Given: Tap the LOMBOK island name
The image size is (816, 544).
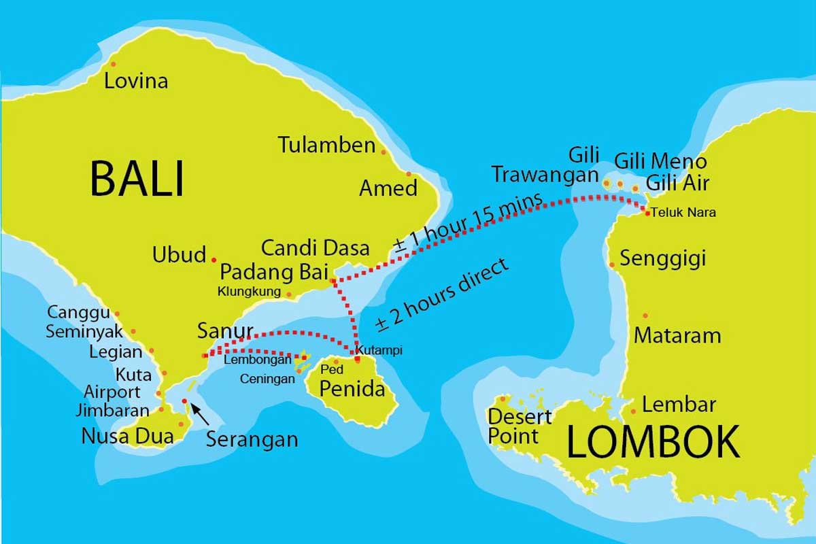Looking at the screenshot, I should click(653, 442).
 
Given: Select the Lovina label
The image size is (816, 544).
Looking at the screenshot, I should click(136, 82).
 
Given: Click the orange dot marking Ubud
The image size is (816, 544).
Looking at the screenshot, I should click(214, 260).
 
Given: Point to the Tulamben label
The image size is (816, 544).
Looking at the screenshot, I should click(327, 145).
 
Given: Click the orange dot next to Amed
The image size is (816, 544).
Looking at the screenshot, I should click(409, 174).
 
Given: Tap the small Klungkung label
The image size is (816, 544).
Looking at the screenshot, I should click(249, 292).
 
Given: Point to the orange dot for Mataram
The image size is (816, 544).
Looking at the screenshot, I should click(645, 315).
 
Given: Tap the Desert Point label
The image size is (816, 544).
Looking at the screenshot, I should click(520, 426).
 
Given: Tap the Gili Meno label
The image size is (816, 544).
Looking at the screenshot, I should click(660, 161).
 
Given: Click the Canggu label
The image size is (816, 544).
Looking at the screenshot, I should click(78, 312).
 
